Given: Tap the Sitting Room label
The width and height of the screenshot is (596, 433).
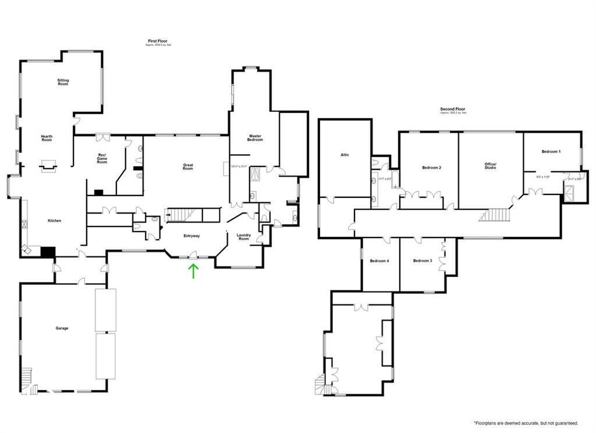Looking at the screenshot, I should [x=63, y=82].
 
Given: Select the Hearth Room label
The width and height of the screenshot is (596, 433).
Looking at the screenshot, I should [x=47, y=138].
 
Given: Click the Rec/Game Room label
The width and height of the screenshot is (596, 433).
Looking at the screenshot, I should [x=102, y=158].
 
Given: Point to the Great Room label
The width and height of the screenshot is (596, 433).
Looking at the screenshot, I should [x=188, y=166].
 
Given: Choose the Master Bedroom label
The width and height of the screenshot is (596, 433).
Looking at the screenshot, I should [x=255, y=138].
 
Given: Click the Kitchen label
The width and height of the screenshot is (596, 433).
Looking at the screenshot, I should [x=55, y=221].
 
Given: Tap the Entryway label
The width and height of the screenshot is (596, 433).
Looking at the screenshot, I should [x=192, y=236].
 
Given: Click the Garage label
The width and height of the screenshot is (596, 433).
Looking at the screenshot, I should [x=62, y=328].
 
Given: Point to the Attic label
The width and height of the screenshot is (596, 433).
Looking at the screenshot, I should [x=345, y=155].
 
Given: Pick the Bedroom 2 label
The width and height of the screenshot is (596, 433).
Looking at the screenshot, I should [x=431, y=168].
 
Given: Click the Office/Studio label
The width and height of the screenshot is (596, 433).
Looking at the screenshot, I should [x=490, y=166].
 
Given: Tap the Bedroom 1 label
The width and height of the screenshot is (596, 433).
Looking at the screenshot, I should [x=551, y=151].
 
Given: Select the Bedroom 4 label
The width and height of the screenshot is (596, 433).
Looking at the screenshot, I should [x=379, y=261].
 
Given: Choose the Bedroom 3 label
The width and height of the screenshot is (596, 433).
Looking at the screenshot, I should [x=423, y=261].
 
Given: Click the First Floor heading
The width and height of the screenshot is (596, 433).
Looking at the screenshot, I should [x=158, y=42].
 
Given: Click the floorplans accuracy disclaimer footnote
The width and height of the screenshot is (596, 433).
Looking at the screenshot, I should [x=526, y=423].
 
